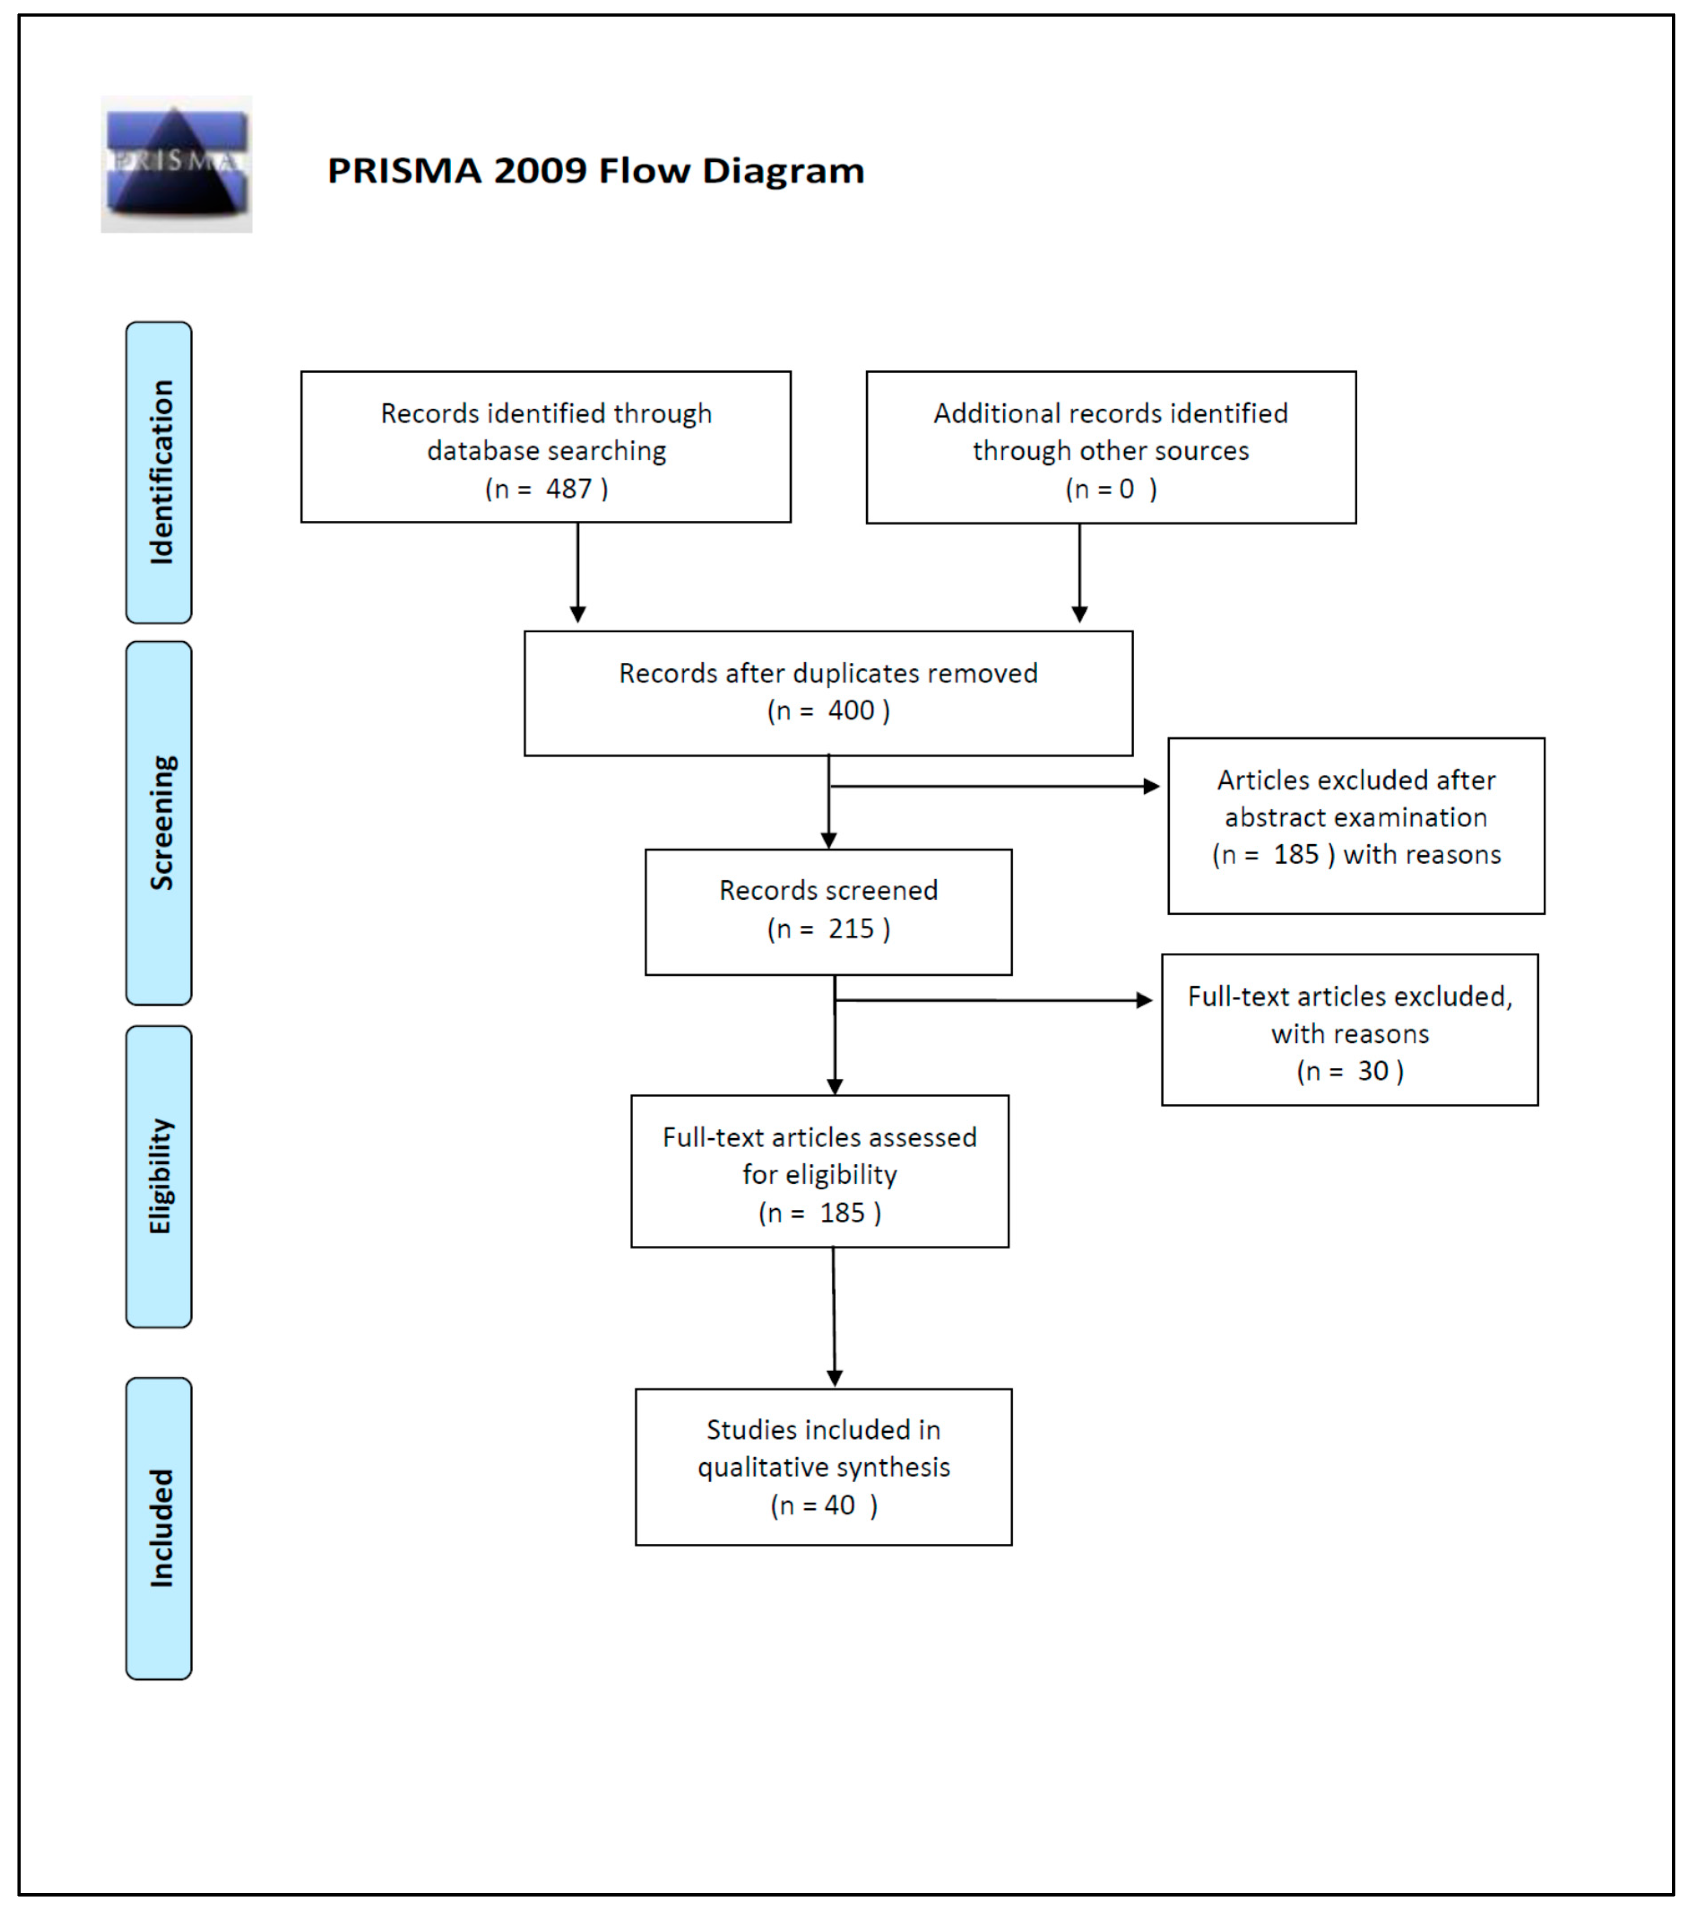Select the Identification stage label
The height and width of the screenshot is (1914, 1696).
pyautogui.click(x=159, y=472)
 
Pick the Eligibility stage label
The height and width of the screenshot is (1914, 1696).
pyautogui.click(x=159, y=1176)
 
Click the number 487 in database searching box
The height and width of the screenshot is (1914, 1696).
pyautogui.click(x=569, y=489)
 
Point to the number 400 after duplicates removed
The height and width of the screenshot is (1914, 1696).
pyautogui.click(x=850, y=711)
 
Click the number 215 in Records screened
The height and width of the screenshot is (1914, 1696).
pyautogui.click(x=850, y=929)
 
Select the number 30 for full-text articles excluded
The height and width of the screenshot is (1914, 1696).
pyautogui.click(x=1373, y=1071)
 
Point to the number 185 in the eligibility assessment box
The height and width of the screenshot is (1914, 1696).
pyautogui.click(x=842, y=1214)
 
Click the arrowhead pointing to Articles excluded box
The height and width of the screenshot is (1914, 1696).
pyautogui.click(x=1152, y=786)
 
